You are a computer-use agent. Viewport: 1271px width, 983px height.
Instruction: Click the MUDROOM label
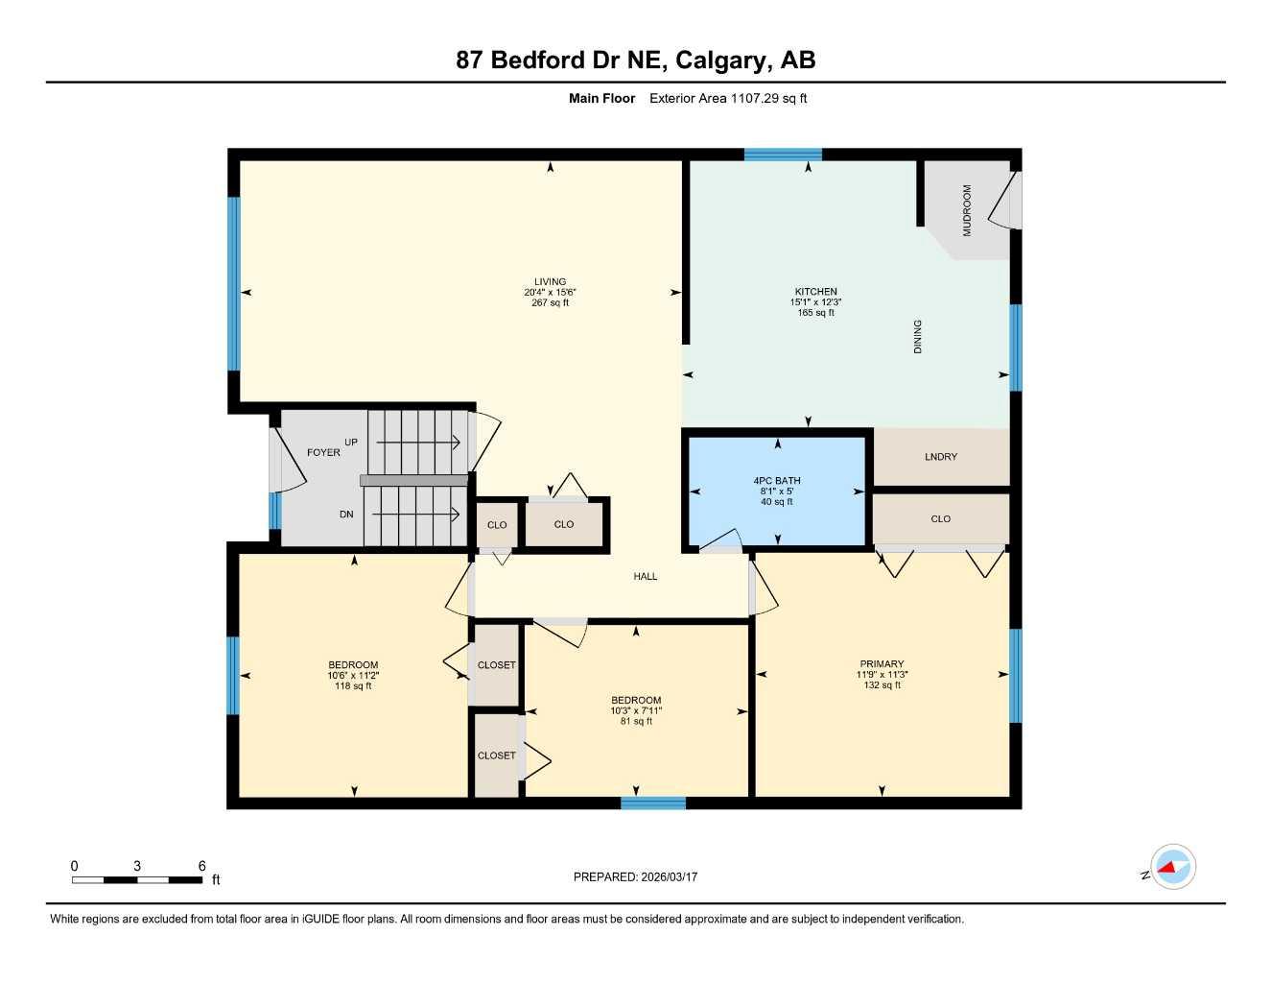coord(967,210)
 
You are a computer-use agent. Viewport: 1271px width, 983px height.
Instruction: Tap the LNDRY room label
coord(940,457)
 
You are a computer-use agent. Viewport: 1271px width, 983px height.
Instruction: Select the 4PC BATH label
coord(777,481)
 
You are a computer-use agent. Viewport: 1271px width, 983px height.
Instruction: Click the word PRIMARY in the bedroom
coord(882,664)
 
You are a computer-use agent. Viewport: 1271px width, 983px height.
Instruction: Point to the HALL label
coord(646,577)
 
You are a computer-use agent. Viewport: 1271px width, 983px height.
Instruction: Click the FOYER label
coord(323,452)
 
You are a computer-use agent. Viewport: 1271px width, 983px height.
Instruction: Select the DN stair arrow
coord(416,515)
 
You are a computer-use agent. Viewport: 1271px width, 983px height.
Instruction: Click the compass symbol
coord(1172,868)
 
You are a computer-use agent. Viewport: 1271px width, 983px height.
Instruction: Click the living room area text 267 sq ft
coord(551,303)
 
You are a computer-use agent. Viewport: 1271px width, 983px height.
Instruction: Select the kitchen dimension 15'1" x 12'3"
coord(815,302)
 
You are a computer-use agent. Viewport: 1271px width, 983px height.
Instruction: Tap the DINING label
coord(917,337)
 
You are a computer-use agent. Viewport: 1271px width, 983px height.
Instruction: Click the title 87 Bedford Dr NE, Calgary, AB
coord(636,60)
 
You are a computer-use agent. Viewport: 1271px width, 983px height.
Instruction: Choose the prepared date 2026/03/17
coord(635,876)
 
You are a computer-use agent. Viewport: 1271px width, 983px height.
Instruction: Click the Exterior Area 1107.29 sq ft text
coord(728,98)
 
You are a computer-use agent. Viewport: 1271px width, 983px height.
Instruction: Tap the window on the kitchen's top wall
coord(783,155)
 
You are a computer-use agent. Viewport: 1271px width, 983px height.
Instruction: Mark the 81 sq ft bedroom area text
coord(636,722)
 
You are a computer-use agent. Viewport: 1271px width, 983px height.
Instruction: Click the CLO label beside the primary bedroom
coord(940,519)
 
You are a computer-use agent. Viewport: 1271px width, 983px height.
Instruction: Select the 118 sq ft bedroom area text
coord(353,686)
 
